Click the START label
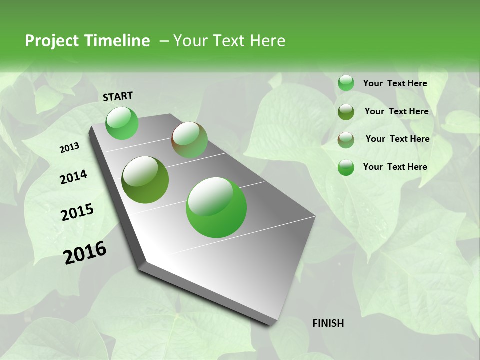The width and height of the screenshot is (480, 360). coord(118,96)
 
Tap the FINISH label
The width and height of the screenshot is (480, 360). coord(328,323)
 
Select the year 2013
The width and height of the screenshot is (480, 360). coord(70,148)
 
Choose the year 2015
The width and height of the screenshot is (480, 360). coord(77,213)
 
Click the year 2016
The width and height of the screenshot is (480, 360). coord(85,252)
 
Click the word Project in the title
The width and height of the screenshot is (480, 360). coord(51,41)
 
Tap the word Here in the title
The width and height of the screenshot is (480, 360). coord(267,41)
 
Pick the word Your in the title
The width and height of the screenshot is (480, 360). coord(190,41)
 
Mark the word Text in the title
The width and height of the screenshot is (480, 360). coord(227,41)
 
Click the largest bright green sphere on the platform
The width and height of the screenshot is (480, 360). coord(216,207)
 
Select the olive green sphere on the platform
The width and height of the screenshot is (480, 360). coord(145,180)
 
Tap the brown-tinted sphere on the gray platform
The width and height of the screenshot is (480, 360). coord(189,140)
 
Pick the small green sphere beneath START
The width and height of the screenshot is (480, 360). coord(122,123)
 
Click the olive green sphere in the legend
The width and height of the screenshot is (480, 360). coord(346,112)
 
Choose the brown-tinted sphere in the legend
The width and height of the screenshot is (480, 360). coord(346,140)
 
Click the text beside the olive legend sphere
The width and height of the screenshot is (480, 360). coord(396,111)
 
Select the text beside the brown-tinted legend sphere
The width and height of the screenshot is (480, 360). coord(397,139)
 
